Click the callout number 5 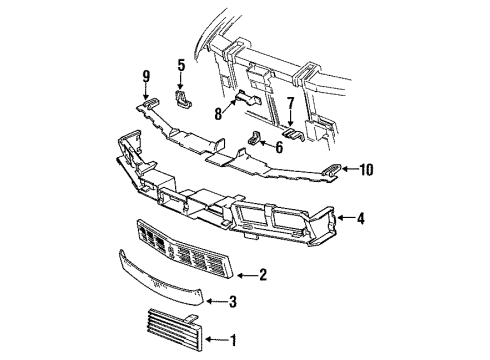[x=181, y=67]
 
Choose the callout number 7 [x=290, y=103]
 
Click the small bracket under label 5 [x=184, y=98]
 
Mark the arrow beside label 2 [x=245, y=273]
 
